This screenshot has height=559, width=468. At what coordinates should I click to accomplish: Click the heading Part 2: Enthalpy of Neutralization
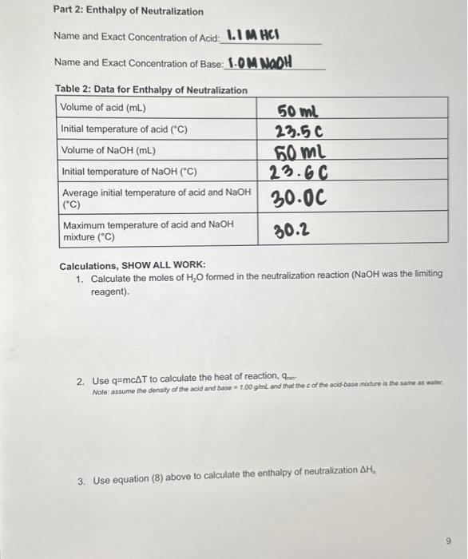(x=128, y=12)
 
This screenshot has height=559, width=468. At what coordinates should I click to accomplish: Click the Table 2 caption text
(x=151, y=89)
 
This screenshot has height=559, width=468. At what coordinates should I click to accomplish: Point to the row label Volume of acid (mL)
(x=105, y=108)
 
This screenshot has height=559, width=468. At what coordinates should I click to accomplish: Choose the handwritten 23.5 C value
(x=299, y=130)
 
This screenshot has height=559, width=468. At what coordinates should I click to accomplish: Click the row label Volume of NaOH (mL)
(x=109, y=150)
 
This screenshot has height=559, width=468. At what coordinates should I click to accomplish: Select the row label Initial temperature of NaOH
(x=129, y=172)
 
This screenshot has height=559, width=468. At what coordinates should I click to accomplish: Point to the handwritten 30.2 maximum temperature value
(x=292, y=232)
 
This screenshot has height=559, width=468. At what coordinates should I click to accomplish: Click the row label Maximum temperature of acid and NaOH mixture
(x=148, y=231)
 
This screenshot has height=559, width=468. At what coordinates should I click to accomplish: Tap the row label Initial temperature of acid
(x=125, y=129)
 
